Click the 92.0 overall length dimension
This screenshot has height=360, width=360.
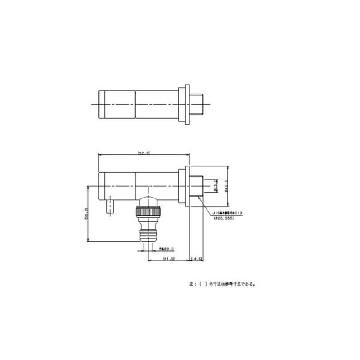144,153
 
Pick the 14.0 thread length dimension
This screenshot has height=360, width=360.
197,259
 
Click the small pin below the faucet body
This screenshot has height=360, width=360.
109,207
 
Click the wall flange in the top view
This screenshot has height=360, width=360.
184,104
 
